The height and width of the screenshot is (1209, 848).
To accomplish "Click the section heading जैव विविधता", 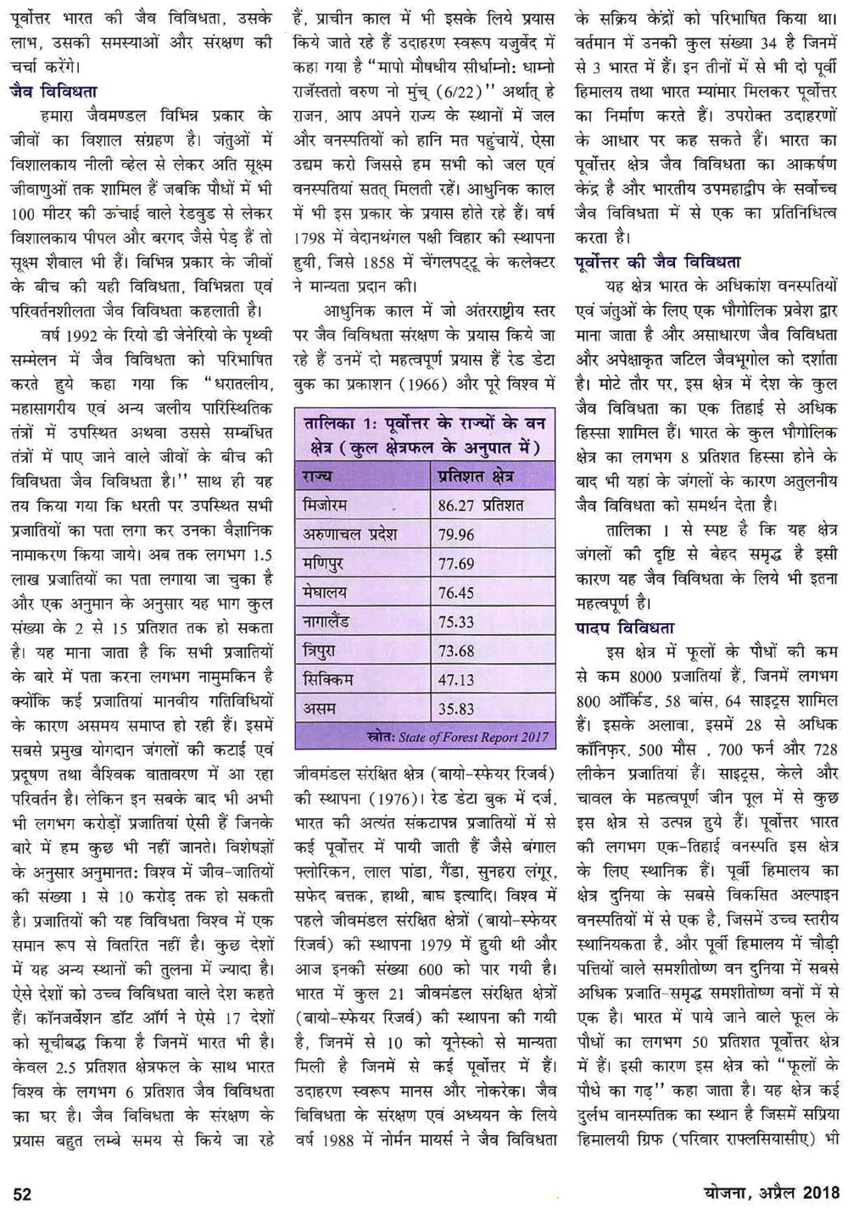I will [53, 90].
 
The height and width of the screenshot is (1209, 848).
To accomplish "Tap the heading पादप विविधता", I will [623, 628].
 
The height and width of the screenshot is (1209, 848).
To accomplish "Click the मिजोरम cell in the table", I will [325, 505].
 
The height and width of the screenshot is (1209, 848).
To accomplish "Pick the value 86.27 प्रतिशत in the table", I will [481, 506].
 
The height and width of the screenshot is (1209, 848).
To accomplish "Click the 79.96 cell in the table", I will [456, 535].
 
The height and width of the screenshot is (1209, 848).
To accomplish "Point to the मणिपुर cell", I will [323, 563].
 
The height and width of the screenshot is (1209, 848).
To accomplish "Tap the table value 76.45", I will [456, 593].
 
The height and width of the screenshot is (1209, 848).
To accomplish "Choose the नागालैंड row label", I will [331, 621].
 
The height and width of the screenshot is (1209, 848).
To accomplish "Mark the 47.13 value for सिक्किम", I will [456, 679].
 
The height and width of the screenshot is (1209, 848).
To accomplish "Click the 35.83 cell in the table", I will [456, 709].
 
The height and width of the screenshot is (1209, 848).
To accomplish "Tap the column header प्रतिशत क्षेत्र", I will [476, 476].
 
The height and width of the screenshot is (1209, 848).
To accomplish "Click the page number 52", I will [23, 1194].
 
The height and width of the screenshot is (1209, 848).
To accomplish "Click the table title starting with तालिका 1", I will [424, 434].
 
